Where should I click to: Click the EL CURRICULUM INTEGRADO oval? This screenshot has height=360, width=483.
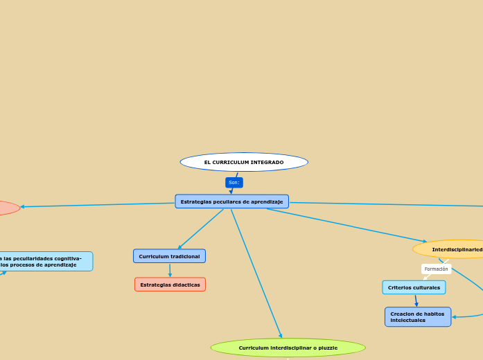pos(244,162)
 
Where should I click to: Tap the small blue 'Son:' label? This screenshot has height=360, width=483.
pos(234,183)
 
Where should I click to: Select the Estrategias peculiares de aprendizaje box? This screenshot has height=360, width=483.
pos(231,201)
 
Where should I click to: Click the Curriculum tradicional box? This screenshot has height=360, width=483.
pos(169,256)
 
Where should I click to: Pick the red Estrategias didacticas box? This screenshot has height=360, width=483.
pos(170,285)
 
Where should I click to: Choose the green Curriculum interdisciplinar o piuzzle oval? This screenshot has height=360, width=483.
pos(288,348)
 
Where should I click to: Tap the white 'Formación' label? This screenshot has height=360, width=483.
pos(436,269)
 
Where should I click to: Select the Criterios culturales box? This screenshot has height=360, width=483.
pos(414,287)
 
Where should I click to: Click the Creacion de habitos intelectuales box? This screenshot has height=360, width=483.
pos(417,317)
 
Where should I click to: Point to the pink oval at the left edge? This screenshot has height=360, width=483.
pos(7,208)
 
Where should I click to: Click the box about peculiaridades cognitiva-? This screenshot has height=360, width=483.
pos(45,261)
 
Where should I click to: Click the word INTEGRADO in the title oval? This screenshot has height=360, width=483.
pos(267,162)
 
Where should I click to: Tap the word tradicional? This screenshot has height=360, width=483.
pos(184,256)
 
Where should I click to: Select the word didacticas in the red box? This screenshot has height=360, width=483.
pos(184,285)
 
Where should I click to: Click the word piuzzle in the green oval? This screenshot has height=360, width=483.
pos(326,348)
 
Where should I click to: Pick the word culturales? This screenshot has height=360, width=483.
pos(426,287)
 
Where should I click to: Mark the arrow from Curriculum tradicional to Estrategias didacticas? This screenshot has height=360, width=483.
pos(170,271)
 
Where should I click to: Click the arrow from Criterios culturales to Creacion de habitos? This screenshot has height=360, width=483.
pos(416,300)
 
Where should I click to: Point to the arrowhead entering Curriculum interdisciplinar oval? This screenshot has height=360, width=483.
pos(281,336)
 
